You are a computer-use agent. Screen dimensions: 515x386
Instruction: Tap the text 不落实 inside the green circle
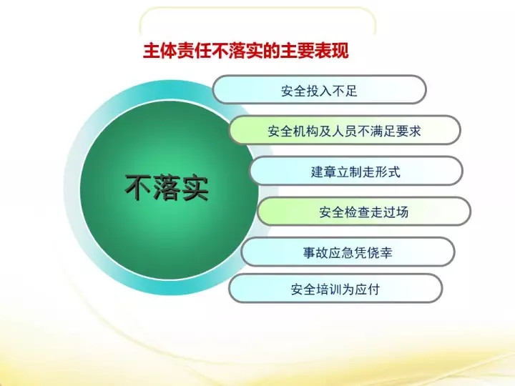(x=167, y=188)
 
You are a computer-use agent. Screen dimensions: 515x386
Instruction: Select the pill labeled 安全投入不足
(x=319, y=89)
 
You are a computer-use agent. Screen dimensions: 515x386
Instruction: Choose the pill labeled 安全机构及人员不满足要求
(x=345, y=130)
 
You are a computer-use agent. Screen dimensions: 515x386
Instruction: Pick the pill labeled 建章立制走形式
(x=356, y=171)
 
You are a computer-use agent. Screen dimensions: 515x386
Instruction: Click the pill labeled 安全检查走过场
(x=363, y=212)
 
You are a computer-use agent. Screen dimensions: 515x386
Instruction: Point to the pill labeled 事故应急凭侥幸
(x=348, y=252)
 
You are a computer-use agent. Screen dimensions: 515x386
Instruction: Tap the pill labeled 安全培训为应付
(x=335, y=289)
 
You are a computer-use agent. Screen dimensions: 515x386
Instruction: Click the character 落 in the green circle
(x=167, y=188)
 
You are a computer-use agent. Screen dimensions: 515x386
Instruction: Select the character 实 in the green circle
(x=195, y=188)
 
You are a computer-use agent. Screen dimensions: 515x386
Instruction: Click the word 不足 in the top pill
(x=345, y=91)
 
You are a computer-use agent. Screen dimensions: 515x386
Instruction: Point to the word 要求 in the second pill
(x=408, y=132)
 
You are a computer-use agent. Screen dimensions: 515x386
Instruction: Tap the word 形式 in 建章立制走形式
(x=388, y=172)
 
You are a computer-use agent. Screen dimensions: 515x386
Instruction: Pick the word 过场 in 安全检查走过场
(x=396, y=212)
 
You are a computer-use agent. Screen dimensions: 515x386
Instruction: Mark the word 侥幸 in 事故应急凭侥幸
(x=380, y=253)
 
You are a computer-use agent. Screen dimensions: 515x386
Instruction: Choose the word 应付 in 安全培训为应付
(x=367, y=289)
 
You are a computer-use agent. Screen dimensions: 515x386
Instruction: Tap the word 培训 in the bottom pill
(x=329, y=289)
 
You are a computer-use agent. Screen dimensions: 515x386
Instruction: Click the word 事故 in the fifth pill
(x=315, y=253)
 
